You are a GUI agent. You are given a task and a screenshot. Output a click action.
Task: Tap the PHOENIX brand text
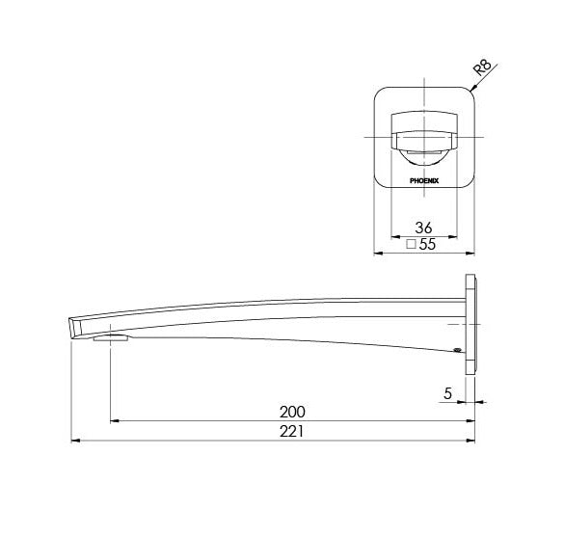pyautogui.click(x=423, y=178)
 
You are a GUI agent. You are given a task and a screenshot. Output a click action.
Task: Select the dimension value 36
pyautogui.click(x=422, y=228)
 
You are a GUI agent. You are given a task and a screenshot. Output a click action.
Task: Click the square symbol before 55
pyautogui.click(x=411, y=246)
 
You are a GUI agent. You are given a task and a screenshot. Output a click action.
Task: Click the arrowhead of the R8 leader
pyautogui.click(x=470, y=89)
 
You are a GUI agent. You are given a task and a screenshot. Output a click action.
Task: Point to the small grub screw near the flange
pyautogui.click(x=456, y=352)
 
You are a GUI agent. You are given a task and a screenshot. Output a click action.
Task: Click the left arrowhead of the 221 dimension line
pyautogui.click(x=76, y=442)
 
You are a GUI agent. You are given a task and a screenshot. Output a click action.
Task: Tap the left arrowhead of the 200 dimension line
pyautogui.click(x=115, y=420)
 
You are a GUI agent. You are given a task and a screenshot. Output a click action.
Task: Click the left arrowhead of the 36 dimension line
pyautogui.click(x=391, y=237)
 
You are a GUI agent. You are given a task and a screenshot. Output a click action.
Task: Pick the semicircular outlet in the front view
pyautogui.click(x=423, y=149)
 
